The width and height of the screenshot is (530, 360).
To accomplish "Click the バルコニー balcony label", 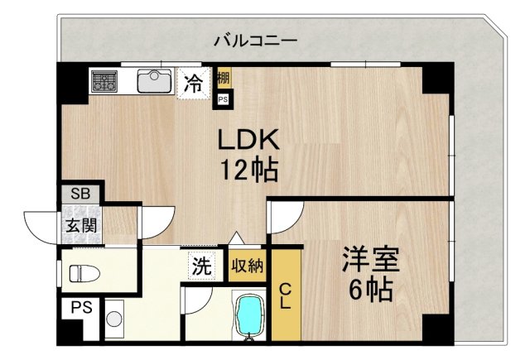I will pyautogui.click(x=255, y=39).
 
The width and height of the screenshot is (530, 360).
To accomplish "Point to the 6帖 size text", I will pyautogui.click(x=370, y=291).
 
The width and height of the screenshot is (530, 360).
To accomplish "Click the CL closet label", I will pyautogui.click(x=284, y=295).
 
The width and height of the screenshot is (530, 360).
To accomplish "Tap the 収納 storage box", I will pyautogui.click(x=247, y=266).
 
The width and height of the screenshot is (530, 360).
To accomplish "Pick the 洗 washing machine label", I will pyautogui.click(x=203, y=266).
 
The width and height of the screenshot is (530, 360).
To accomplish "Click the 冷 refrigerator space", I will pyautogui.click(x=193, y=83).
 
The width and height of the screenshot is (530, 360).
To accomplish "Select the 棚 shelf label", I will pyautogui.click(x=224, y=80).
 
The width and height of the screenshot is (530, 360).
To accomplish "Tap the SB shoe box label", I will pyautogui.click(x=80, y=194).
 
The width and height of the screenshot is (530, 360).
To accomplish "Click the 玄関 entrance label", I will pyautogui.click(x=81, y=225).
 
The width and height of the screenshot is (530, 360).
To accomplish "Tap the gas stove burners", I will pyautogui.click(x=104, y=81).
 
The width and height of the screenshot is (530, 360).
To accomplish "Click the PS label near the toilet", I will pyautogui.click(x=80, y=308).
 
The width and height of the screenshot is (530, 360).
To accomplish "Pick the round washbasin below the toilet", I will pyautogui.click(x=114, y=318).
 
